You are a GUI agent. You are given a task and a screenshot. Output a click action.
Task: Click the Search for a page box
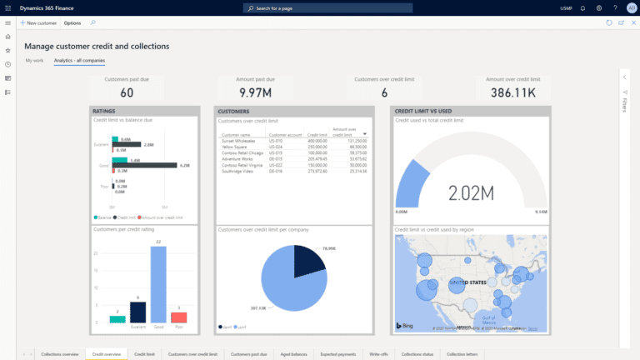coord(319,7)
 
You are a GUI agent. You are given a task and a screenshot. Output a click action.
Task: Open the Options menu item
coord(72,22)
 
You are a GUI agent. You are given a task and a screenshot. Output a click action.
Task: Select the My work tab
coord(34,61)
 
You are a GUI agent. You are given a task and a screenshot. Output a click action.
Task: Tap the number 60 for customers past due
coord(127,92)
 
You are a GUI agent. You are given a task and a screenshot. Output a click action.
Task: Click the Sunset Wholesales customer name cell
coord(237,142)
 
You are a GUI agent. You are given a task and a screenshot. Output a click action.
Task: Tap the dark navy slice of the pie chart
coord(301,259)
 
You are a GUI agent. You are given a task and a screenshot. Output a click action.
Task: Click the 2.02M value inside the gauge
coord(472,194)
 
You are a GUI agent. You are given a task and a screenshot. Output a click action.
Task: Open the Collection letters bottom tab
coord(463,354)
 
